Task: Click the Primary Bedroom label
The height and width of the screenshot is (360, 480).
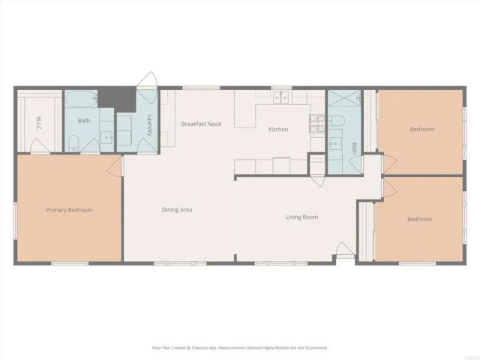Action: [69, 210]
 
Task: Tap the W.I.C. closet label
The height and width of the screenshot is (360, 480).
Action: [39, 122]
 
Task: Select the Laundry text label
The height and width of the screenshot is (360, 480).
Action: [150, 124]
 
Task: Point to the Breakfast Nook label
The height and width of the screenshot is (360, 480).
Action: [201, 124]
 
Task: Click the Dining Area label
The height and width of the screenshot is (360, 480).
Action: [177, 210]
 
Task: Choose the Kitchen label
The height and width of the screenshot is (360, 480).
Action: [278, 130]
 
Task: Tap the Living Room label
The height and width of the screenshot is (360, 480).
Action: [301, 217]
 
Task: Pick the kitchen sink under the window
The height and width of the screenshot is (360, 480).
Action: [282, 97]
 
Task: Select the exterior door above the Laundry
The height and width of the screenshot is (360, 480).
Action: [148, 80]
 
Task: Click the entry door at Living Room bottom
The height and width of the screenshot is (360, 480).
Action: [344, 250]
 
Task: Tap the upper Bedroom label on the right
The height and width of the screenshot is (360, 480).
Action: [421, 130]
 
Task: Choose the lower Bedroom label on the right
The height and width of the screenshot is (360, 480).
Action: [419, 219]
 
